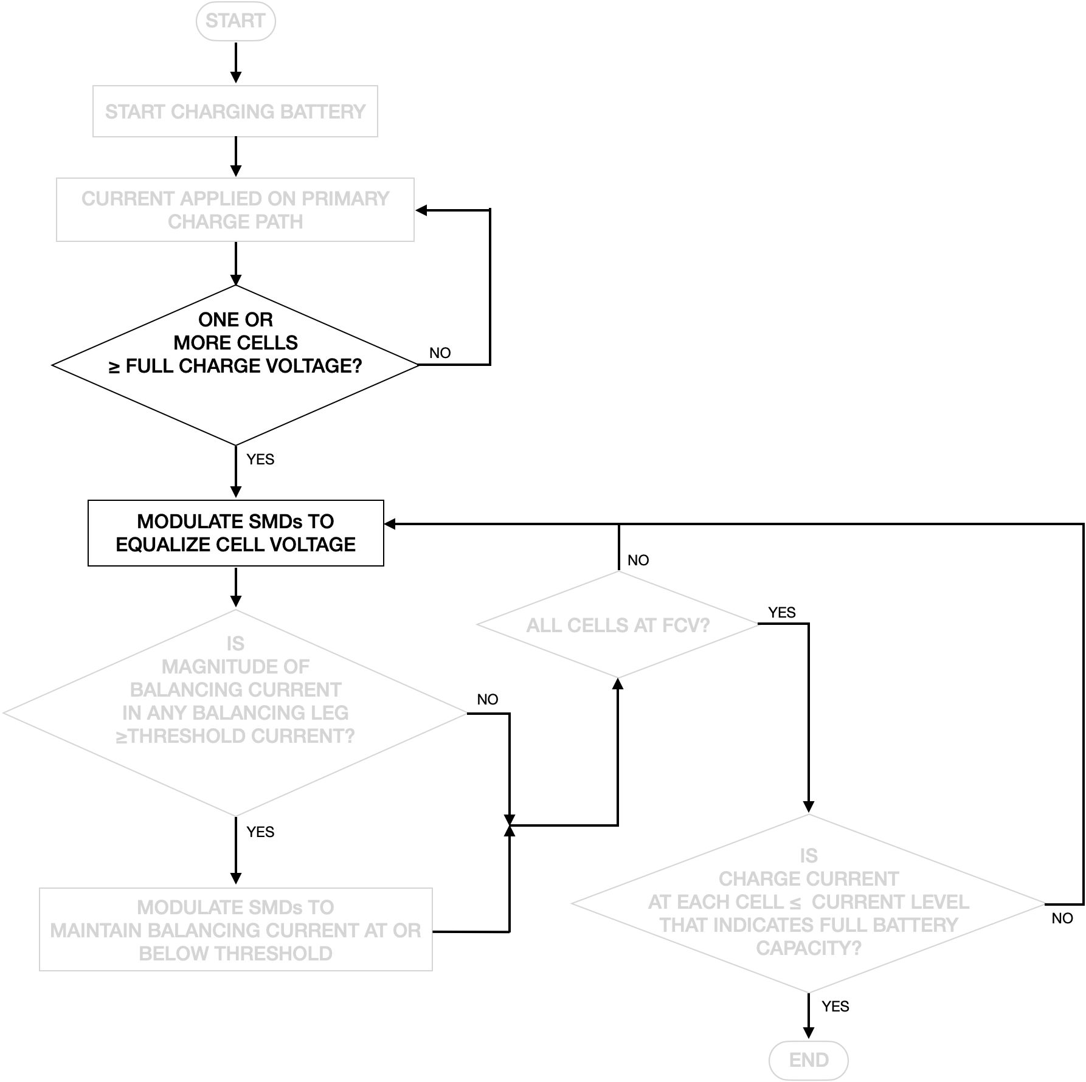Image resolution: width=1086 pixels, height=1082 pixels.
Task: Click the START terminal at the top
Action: coord(235,21)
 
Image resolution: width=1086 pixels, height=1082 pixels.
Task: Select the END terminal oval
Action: coord(808,1060)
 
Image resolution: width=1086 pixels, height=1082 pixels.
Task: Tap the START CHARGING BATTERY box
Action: coord(235,111)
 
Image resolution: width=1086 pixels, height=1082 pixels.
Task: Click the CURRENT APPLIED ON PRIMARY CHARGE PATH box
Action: coord(235,210)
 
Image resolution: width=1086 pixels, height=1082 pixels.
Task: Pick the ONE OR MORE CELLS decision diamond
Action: coord(235,365)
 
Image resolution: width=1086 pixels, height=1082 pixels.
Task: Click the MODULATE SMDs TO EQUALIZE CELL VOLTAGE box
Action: coord(235,533)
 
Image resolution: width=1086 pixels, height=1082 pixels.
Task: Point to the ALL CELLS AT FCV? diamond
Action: coord(618,625)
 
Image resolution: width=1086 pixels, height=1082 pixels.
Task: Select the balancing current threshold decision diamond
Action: coord(235,712)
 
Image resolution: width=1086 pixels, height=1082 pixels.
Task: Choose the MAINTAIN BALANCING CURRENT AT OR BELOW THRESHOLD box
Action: coord(235,929)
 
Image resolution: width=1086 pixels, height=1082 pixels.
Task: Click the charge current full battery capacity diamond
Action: coord(808,903)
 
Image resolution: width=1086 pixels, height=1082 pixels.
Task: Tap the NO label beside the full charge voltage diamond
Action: coord(440,353)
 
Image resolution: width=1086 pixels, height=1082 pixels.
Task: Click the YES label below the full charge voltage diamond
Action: coord(260,460)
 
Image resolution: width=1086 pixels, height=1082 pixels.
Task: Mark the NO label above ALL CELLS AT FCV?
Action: coord(638,560)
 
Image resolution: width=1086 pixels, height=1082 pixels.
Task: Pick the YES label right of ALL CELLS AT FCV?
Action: coord(781,612)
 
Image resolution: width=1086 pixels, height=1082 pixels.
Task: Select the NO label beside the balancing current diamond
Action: coord(487,699)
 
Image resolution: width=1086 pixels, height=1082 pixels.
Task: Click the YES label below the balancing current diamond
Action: coord(260,832)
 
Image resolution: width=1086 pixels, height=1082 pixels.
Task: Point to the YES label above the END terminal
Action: coord(835,1006)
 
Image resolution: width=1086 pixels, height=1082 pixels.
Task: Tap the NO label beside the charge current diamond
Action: coord(1062,918)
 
